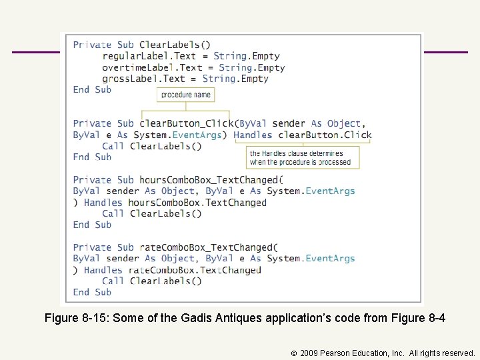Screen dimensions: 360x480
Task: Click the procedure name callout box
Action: click(185, 95)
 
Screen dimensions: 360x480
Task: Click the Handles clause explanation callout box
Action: click(302, 157)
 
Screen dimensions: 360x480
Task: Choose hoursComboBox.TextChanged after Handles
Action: click(197, 203)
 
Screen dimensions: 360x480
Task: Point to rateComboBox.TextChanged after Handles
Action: click(195, 270)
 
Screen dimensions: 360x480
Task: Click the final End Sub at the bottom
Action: click(92, 292)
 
